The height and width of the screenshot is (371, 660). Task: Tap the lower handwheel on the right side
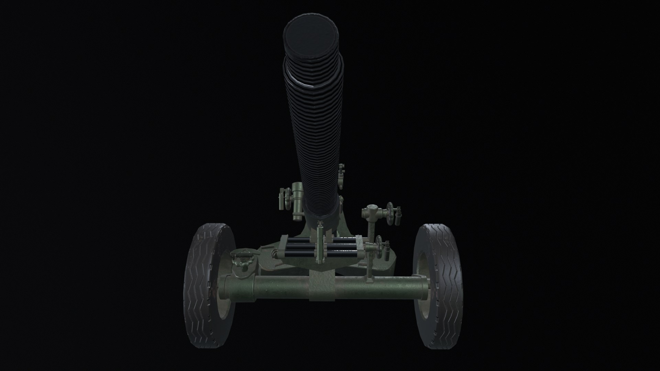click(379, 247)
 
